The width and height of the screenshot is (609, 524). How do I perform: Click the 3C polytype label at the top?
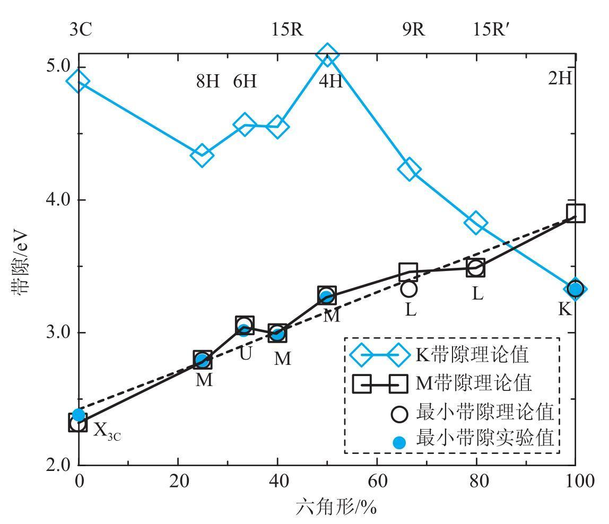click(x=81, y=30)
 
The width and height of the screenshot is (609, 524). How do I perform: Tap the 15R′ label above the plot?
click(x=491, y=30)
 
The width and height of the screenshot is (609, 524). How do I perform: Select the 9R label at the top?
click(x=414, y=30)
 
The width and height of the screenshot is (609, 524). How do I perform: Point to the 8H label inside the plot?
click(x=207, y=82)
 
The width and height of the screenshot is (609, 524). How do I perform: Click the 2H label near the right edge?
click(x=560, y=78)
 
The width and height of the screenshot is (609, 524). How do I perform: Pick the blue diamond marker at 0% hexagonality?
click(x=78, y=82)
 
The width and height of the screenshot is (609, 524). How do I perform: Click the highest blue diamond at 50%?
click(x=327, y=55)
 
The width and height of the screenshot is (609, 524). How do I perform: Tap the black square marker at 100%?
click(x=576, y=213)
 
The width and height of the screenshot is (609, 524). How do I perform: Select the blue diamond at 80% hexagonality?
click(x=476, y=223)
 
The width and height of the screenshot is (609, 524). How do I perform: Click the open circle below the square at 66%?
click(x=409, y=289)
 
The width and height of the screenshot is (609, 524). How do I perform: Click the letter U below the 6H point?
click(x=245, y=353)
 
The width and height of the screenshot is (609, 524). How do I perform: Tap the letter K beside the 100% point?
click(x=565, y=309)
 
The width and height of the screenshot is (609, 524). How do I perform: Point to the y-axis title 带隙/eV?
click(x=23, y=261)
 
